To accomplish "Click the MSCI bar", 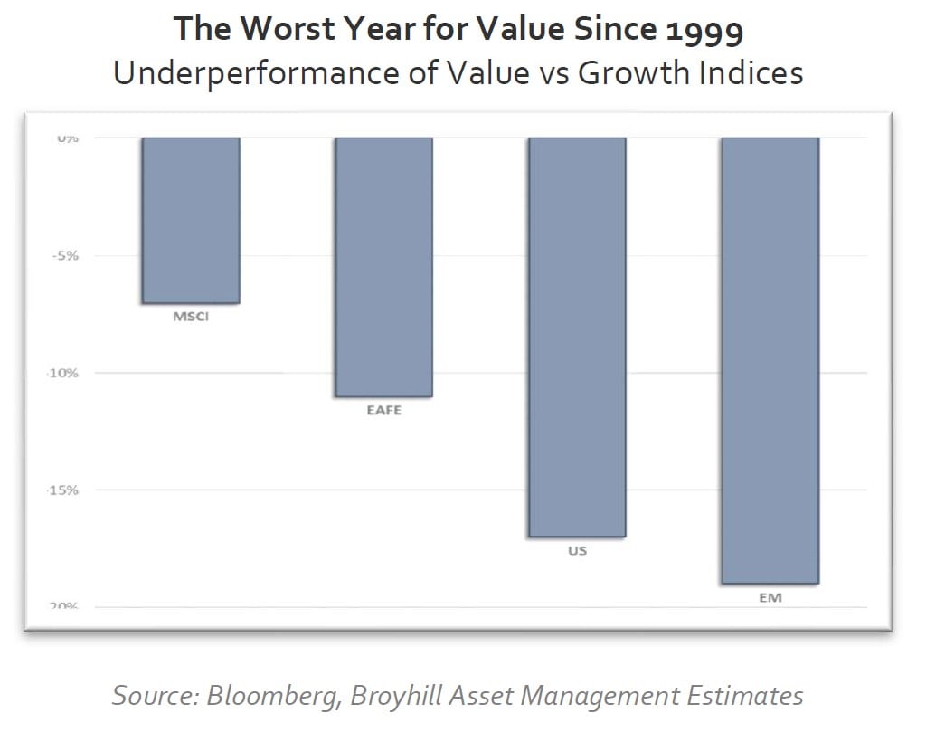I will pyautogui.click(x=191, y=220).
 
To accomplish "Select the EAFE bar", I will pyautogui.click(x=383, y=267).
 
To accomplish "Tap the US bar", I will pyautogui.click(x=577, y=337).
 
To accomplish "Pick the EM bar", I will pyautogui.click(x=770, y=360).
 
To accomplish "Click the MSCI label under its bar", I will pyautogui.click(x=191, y=317).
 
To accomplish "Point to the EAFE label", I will pyautogui.click(x=383, y=410).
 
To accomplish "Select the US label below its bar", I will pyautogui.click(x=577, y=550).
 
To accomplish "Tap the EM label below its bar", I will pyautogui.click(x=770, y=597).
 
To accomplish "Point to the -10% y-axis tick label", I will pyautogui.click(x=65, y=373).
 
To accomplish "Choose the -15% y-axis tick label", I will pyautogui.click(x=65, y=490).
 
